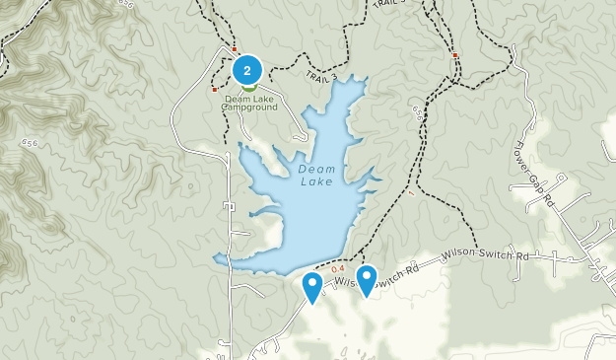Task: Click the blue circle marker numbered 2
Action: click(x=246, y=70)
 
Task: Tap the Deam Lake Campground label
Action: click(x=250, y=102)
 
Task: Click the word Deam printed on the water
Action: click(x=315, y=169)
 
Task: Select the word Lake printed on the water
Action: click(x=316, y=181)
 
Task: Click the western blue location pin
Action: click(x=312, y=286)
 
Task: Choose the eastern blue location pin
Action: click(x=367, y=278)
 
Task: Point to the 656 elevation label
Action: click(x=418, y=116)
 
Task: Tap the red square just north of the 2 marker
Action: click(x=235, y=49)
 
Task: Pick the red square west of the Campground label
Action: click(x=215, y=90)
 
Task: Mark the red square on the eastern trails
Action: click(x=454, y=55)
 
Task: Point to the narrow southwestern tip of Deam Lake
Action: click(x=219, y=259)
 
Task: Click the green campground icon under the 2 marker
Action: click(x=247, y=87)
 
